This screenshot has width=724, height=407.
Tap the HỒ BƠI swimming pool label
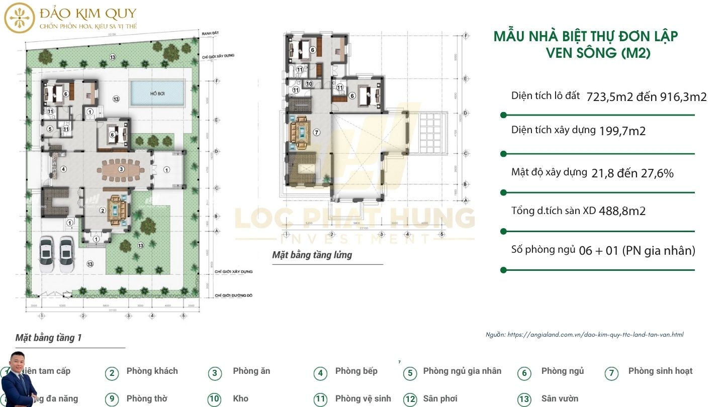157,93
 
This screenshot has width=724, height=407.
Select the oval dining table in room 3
121,169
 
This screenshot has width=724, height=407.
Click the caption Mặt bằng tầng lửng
312,255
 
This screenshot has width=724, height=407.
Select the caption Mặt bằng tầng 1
48,338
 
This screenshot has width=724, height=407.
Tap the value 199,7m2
622,132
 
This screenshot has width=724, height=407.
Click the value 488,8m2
622,211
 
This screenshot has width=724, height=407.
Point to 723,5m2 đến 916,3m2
647,97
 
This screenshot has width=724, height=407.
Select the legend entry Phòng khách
152,371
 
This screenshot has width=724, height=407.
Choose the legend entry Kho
240,398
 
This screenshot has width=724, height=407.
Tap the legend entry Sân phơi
440,398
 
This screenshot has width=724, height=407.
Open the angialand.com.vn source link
595,335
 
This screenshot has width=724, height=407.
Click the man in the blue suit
20,379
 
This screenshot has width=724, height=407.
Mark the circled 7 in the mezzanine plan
316,133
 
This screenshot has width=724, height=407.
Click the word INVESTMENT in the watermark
354,238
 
